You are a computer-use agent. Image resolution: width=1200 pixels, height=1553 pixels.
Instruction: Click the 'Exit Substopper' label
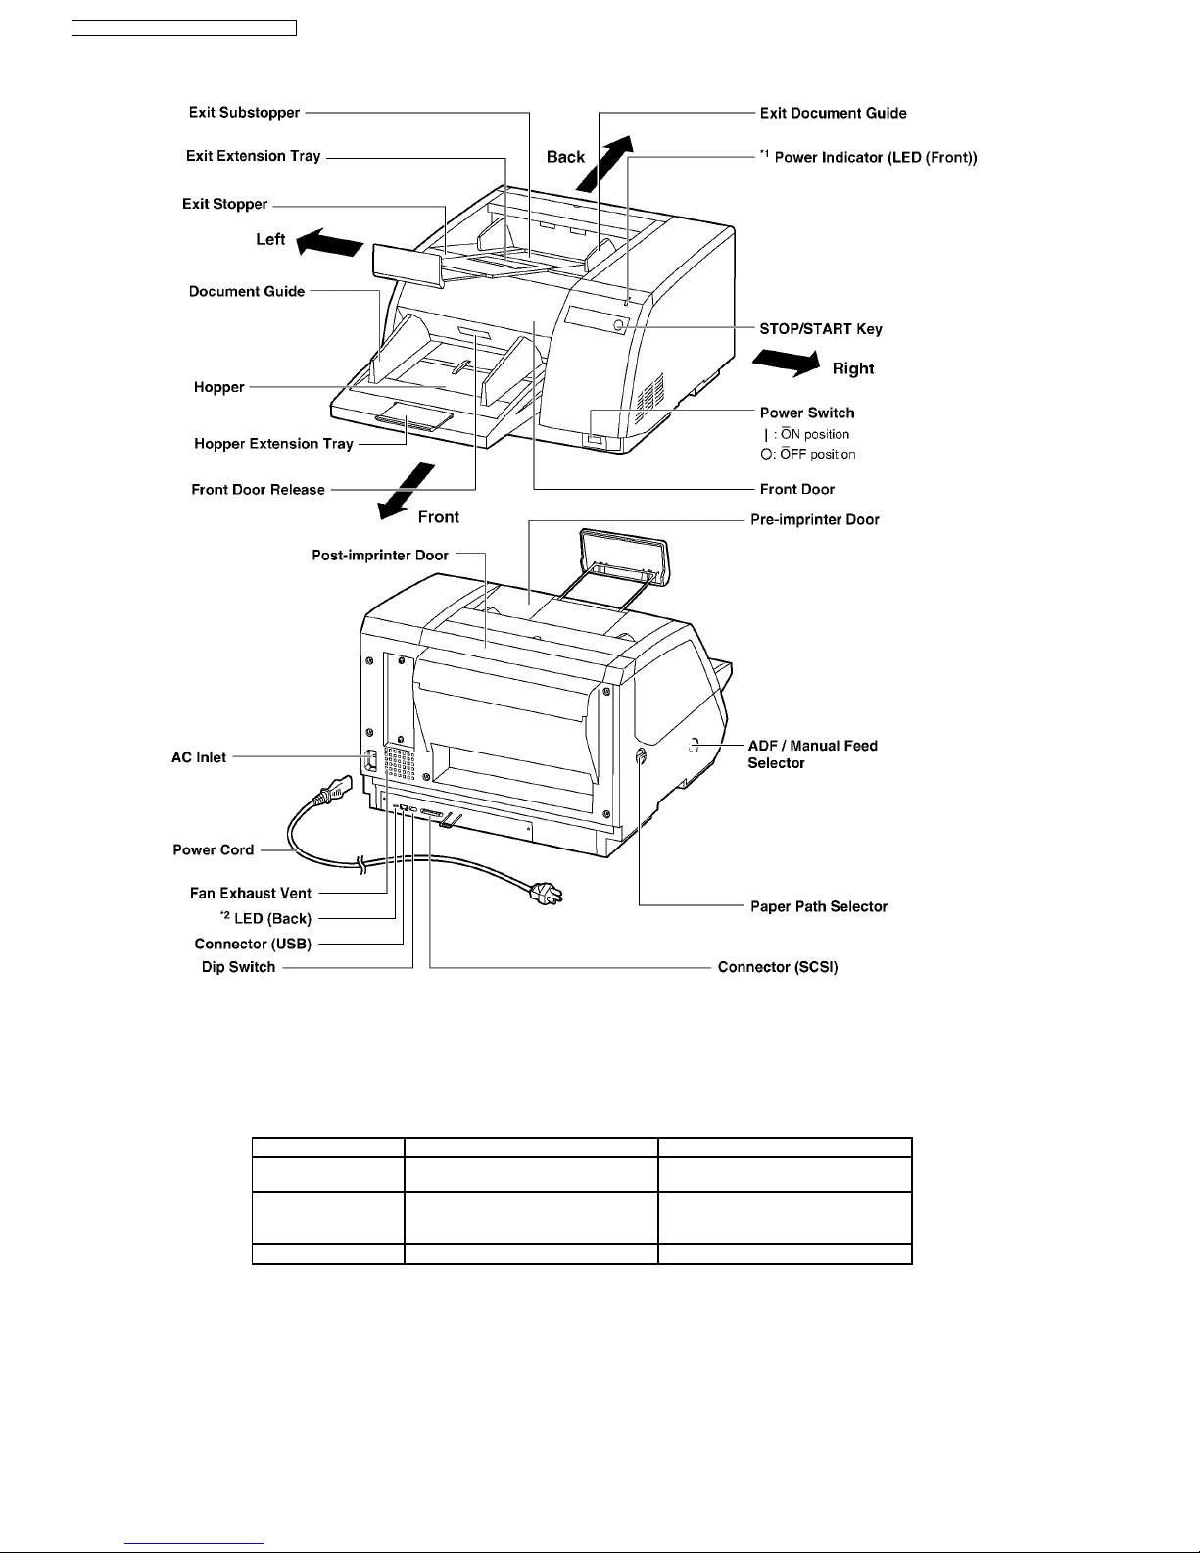[244, 113]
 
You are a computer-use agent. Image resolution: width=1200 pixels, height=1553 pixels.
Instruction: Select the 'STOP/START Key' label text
[821, 329]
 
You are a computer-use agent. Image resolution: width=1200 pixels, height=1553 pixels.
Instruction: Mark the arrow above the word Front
[406, 487]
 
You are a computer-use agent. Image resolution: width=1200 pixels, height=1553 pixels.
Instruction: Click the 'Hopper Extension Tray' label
[273, 444]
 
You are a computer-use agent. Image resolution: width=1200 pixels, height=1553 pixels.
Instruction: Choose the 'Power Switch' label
[807, 413]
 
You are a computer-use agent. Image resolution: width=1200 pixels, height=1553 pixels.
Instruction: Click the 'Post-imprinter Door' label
[380, 556]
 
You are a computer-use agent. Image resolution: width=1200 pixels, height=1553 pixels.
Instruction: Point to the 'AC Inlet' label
[199, 757]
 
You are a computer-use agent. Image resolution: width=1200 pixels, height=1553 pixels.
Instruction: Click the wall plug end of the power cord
[545, 893]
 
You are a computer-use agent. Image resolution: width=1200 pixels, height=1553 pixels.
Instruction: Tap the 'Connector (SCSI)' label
[778, 967]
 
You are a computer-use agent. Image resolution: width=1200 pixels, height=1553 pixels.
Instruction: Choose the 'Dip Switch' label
[239, 967]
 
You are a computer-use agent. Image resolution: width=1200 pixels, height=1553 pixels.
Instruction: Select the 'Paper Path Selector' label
[819, 906]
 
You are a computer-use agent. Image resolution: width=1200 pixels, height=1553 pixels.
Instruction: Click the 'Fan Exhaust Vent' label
[251, 893]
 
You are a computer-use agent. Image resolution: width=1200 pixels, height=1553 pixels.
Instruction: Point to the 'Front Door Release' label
[258, 489]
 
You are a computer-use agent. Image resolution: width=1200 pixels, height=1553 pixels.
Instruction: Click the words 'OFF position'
[818, 455]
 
